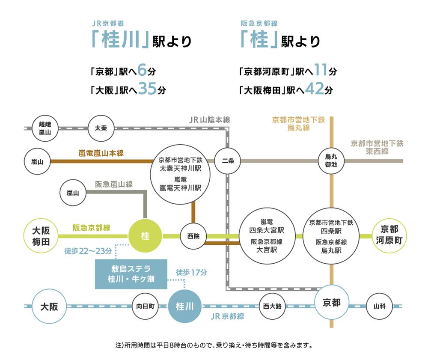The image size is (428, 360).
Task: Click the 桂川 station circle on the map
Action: [184, 306]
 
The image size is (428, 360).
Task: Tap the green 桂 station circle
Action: [145, 235]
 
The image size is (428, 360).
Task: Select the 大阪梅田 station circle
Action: [41, 235]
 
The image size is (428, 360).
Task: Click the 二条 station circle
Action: [227, 161]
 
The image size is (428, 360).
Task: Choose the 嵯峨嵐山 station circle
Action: [45, 128]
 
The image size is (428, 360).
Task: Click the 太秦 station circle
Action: [101, 128]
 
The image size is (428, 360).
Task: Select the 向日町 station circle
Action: [145, 306]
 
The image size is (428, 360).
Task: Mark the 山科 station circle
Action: [379, 306]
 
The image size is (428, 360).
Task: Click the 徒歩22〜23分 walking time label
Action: [89, 251]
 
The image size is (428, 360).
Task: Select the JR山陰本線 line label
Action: [209, 120]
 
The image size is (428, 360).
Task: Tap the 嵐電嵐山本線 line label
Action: [101, 153]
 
